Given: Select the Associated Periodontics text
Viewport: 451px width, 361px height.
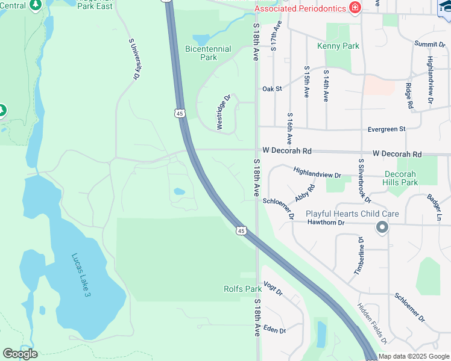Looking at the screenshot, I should [x=300, y=8].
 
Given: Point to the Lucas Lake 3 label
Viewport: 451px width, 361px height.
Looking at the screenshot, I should [x=80, y=273].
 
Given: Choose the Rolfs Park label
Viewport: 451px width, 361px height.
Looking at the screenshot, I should [x=242, y=289].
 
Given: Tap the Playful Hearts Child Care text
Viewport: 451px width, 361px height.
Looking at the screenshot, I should [x=352, y=214].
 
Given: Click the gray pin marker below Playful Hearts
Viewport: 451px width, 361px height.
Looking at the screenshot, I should [x=382, y=228].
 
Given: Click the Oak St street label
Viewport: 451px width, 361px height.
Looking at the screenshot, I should [x=273, y=88].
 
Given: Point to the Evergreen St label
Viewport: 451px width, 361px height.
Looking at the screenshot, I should [x=386, y=129].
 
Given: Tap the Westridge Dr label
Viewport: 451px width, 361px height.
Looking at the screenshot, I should [x=224, y=112].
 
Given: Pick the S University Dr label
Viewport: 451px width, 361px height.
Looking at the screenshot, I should [x=134, y=59].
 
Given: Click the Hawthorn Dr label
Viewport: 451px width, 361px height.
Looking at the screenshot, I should [x=325, y=223].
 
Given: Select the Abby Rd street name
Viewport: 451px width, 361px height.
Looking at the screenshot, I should [x=305, y=194].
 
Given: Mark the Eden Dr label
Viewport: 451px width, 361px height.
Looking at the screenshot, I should [x=274, y=330].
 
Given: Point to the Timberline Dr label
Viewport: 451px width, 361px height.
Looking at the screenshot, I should [x=361, y=256].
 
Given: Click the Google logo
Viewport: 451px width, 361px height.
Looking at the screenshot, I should [x=20, y=354].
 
